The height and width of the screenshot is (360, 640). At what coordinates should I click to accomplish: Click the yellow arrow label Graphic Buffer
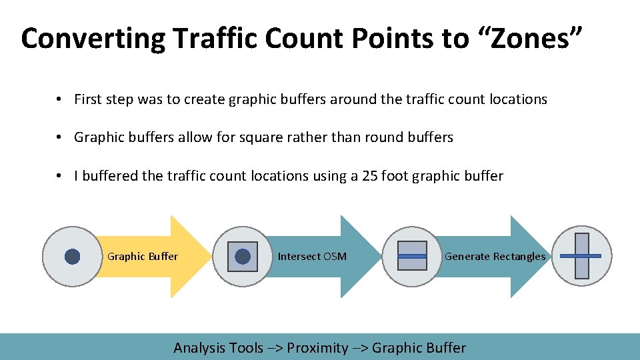[143, 257]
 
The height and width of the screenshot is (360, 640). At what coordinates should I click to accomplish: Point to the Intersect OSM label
[312, 257]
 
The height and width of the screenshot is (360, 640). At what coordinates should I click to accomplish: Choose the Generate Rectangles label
[495, 257]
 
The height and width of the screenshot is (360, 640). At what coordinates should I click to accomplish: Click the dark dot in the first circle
[73, 257]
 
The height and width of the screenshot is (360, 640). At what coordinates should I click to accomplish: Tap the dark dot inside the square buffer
[243, 257]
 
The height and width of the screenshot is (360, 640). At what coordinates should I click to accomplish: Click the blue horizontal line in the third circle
[412, 256]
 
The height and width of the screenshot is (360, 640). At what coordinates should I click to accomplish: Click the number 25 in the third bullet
[369, 176]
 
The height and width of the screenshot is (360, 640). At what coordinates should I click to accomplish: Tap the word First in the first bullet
[87, 99]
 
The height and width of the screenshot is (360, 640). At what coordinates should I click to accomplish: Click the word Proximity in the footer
[317, 348]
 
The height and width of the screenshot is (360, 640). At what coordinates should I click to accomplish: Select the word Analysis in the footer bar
[199, 348]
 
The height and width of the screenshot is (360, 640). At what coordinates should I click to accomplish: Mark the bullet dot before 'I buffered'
[60, 176]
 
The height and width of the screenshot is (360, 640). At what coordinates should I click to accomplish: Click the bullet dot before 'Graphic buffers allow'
[60, 137]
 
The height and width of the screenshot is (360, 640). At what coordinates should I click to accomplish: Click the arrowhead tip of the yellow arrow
[210, 257]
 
